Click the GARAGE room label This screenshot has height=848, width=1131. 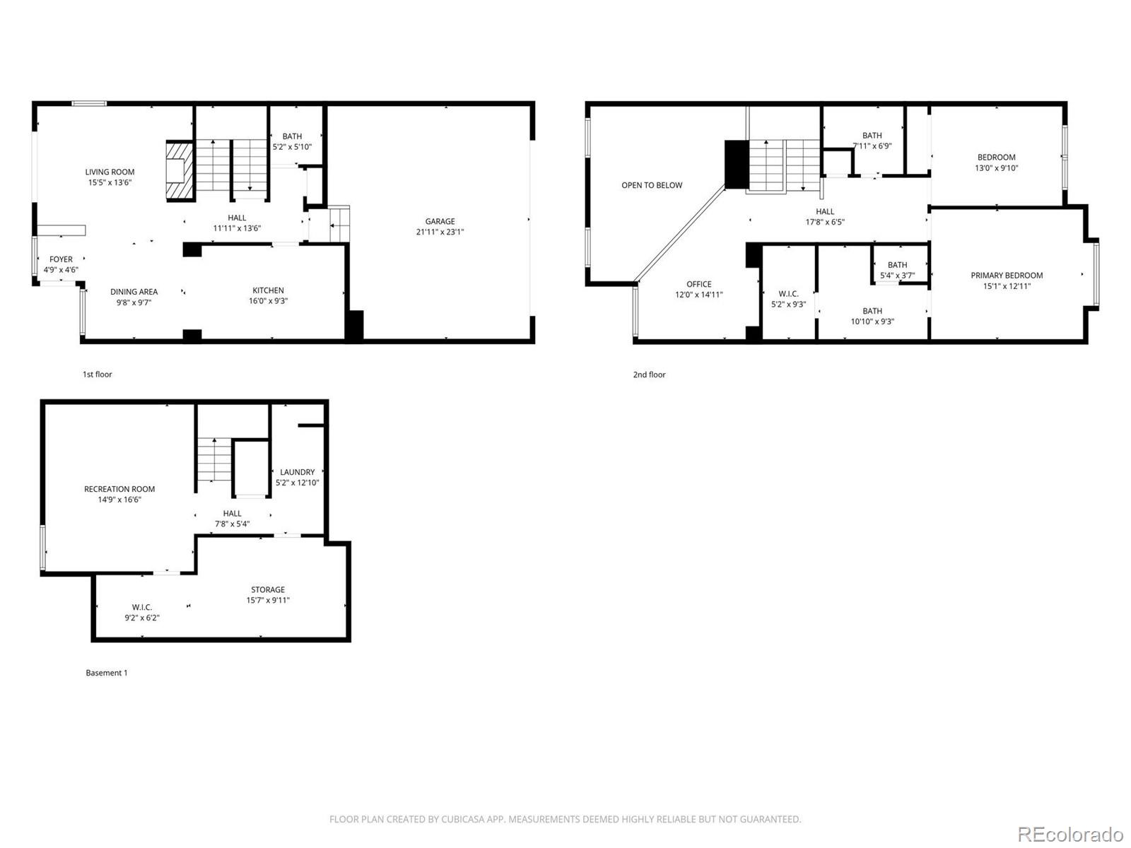click(440, 221)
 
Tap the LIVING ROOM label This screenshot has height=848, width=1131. click(110, 172)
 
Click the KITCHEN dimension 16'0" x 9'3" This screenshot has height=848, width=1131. click(268, 301)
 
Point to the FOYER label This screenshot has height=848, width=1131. click(61, 259)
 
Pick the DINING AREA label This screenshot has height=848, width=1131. click(134, 292)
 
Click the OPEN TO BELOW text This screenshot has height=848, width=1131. click(652, 185)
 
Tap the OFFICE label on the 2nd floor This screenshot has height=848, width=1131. click(698, 284)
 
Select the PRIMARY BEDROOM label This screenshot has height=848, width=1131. click(1007, 276)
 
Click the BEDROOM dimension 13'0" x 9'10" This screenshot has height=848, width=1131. click(997, 168)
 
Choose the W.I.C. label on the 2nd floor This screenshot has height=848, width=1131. click(788, 294)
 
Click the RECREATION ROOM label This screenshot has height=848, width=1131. click(119, 489)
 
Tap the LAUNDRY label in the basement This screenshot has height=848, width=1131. click(297, 472)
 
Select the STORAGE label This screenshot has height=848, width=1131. click(268, 589)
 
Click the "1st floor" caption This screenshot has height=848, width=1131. click(97, 375)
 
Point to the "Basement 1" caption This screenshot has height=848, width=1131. click(107, 673)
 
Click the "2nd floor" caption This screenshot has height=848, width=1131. click(649, 375)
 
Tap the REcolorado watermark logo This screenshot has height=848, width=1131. click(1070, 834)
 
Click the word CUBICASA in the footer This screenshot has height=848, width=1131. click(463, 820)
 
